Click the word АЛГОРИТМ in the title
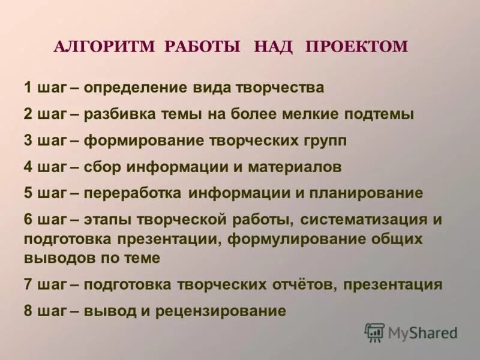click(x=105, y=47)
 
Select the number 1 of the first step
click(x=28, y=88)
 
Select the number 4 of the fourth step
click(x=28, y=167)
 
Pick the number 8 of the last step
click(x=28, y=311)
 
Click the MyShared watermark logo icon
click(x=374, y=332)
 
